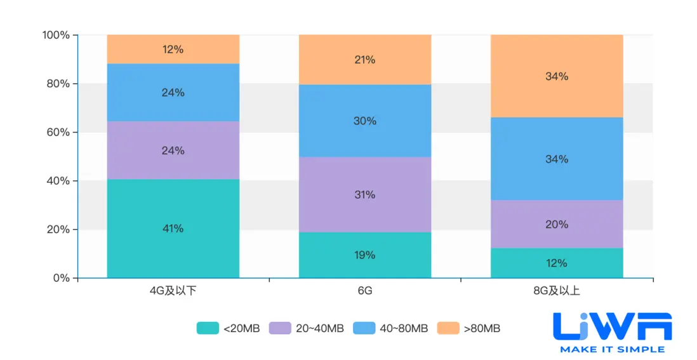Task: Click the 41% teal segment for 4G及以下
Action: (173, 229)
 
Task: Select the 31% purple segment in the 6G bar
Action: (365, 194)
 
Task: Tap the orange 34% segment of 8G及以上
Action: (557, 76)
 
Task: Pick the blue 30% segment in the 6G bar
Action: (365, 121)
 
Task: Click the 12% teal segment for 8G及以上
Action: (557, 263)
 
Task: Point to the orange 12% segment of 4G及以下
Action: (173, 49)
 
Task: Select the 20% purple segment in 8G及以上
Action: (557, 224)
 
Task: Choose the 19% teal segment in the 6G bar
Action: (365, 255)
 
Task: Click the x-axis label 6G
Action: (365, 291)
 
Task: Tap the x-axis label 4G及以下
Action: (173, 291)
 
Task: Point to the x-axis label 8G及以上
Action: (557, 291)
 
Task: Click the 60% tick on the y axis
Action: (56, 132)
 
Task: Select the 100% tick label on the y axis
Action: (55, 35)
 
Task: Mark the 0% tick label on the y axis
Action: (62, 278)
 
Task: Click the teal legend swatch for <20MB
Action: (207, 328)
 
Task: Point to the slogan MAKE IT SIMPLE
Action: (612, 349)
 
